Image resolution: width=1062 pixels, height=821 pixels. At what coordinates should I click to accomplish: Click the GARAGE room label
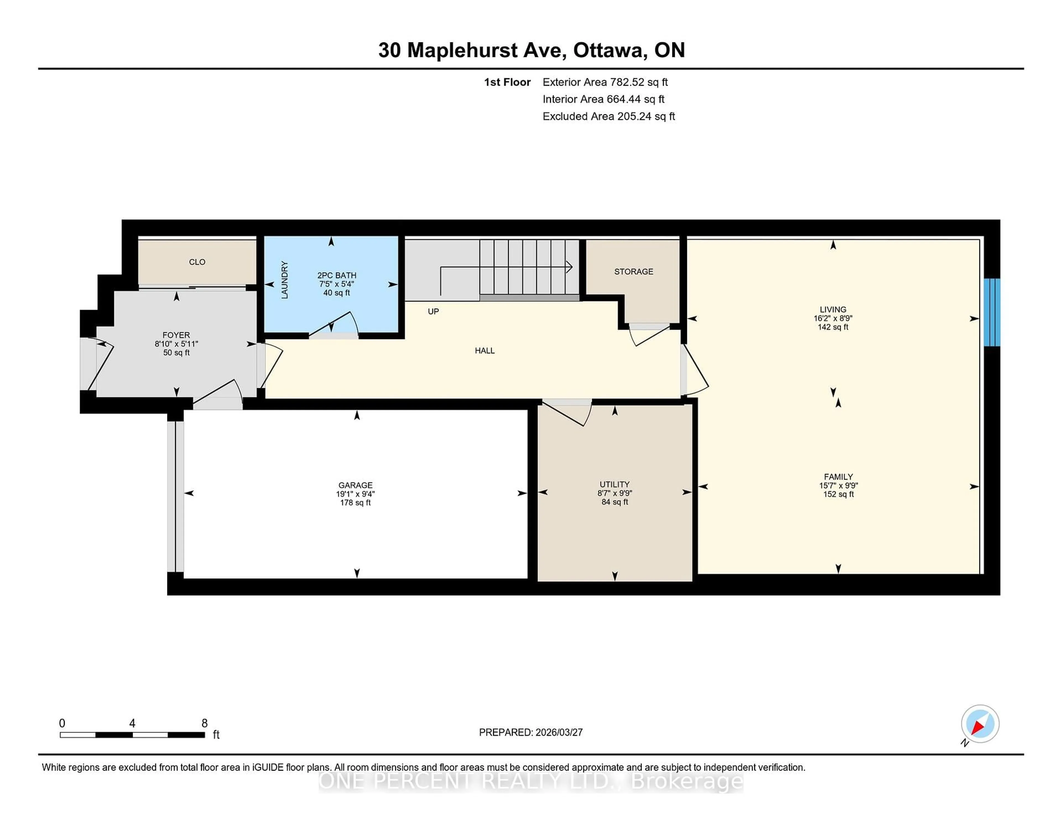pos(355,485)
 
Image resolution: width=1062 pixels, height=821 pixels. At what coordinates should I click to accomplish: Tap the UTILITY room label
pos(614,484)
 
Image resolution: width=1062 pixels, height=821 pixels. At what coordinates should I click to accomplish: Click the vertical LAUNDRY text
pos(285,280)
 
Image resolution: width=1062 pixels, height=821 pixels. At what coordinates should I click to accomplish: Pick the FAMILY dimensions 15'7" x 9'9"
pos(838,485)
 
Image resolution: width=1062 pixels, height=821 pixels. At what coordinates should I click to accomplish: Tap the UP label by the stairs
pos(433,311)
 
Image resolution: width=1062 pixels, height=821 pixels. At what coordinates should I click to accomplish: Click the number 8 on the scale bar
pos(205,723)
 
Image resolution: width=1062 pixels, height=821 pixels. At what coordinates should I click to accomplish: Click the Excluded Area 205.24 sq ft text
pos(608,116)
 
